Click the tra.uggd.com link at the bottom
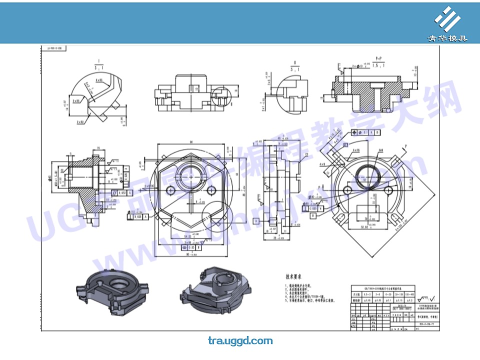[240, 341]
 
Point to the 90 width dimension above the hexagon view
[191, 142]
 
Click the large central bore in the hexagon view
[191, 176]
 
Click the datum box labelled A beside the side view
[130, 192]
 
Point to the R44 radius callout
[380, 150]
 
